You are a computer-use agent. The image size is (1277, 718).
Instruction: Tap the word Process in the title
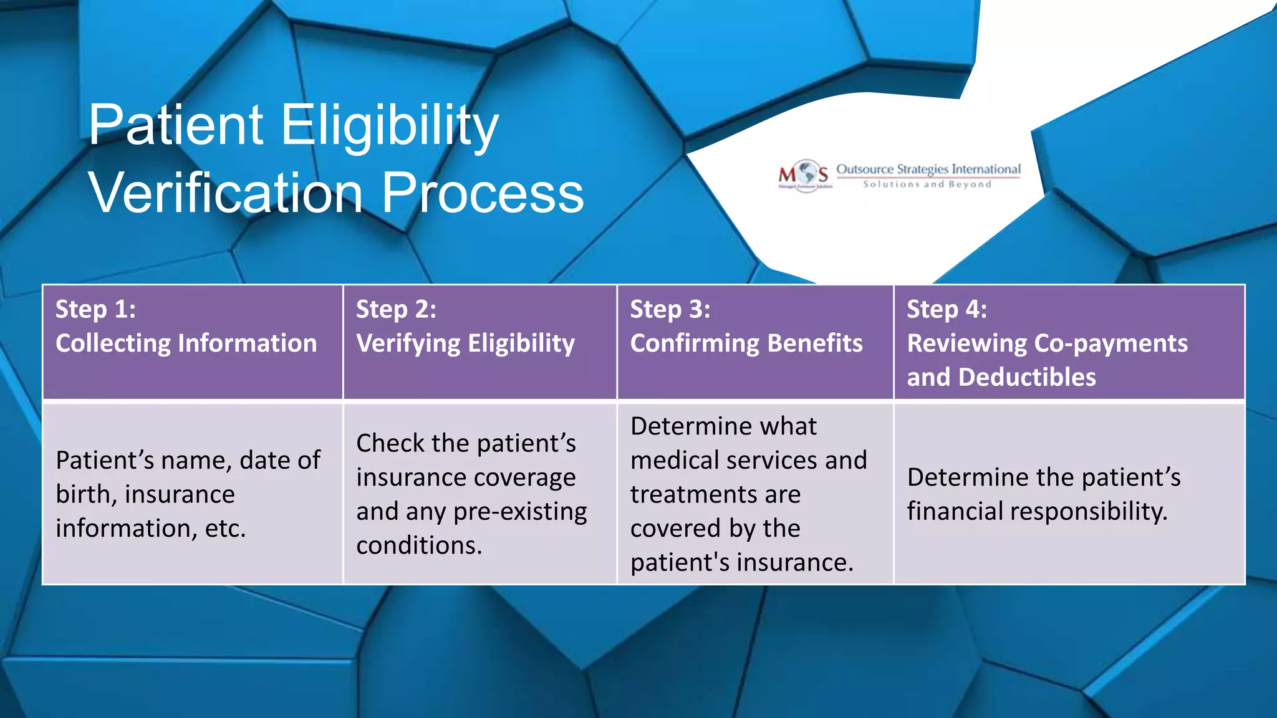point(482,193)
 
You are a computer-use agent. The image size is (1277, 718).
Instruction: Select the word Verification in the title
point(226,193)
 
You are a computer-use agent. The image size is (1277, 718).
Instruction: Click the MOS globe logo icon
point(805,174)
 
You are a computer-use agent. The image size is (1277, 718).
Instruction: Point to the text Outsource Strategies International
point(928,169)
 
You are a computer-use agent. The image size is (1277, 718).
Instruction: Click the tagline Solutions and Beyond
point(927,184)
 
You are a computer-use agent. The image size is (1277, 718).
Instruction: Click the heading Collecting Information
point(186,343)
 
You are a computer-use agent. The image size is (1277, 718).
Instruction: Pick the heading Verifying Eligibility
point(465,343)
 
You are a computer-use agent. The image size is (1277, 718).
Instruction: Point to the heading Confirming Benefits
point(746,343)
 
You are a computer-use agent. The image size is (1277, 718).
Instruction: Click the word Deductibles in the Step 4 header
point(1027,377)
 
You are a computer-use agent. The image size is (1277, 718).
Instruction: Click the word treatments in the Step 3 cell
point(688,494)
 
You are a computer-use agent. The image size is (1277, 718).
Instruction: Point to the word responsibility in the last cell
point(1089,511)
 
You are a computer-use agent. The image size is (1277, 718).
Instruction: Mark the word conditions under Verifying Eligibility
point(418,545)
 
